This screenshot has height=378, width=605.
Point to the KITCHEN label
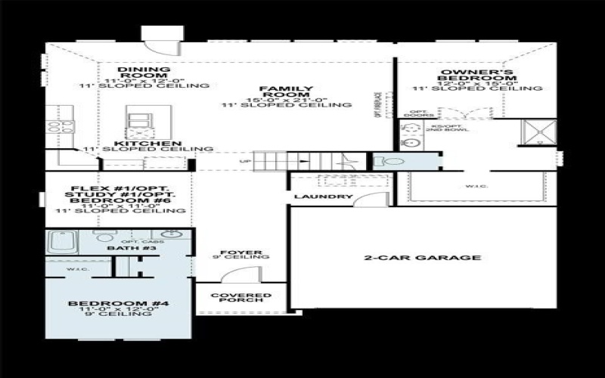147,143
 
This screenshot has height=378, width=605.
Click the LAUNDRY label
323,197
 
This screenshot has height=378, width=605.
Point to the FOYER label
240,252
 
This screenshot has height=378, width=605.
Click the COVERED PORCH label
240,298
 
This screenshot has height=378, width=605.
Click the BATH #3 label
122,248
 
